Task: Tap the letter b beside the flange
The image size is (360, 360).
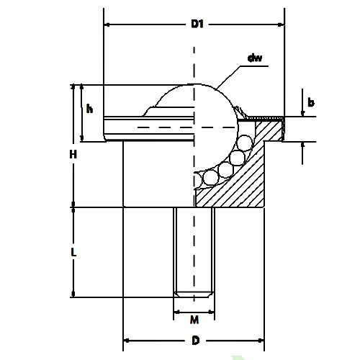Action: (310, 103)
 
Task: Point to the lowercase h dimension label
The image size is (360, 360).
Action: (89, 109)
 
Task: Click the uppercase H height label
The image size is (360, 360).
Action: (73, 154)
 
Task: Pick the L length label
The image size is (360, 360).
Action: (73, 253)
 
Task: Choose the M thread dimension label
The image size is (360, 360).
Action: (194, 320)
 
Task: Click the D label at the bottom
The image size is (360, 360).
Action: (194, 341)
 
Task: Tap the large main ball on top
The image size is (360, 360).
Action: (194, 108)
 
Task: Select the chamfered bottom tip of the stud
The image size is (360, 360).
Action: (194, 294)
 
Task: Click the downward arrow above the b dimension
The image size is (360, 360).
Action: (302, 112)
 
